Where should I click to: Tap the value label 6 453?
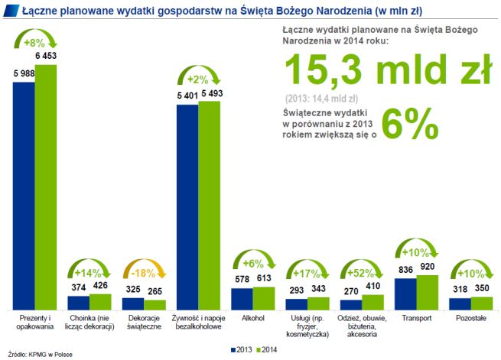[45, 57]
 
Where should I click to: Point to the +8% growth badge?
[35, 43]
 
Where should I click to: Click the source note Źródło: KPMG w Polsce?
[40, 354]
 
